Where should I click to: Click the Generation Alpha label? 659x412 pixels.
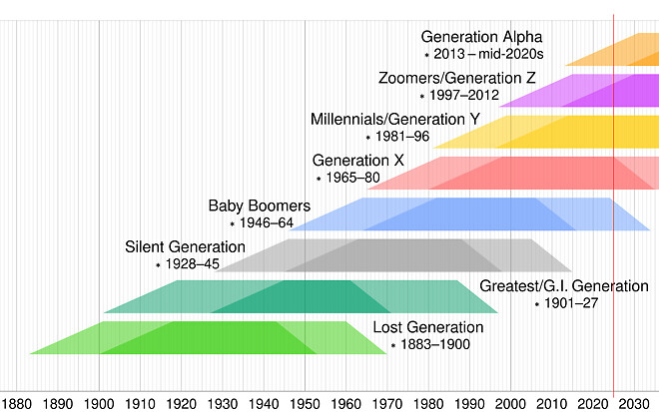(481, 37)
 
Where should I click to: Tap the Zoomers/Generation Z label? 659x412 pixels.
(457, 78)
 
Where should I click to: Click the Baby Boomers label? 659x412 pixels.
(259, 206)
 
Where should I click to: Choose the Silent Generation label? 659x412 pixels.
(185, 247)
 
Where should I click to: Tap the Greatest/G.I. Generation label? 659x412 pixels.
(564, 286)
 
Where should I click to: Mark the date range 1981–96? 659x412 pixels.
(400, 137)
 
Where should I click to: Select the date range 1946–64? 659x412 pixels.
(266, 223)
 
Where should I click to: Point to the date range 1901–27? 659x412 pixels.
(569, 303)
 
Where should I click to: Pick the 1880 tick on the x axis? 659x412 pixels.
(18, 403)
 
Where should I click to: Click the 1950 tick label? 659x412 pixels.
(306, 403)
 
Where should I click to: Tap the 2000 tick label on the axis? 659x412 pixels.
(510, 403)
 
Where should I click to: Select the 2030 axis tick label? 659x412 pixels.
(633, 403)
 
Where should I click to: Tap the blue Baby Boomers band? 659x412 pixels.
(469, 213)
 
